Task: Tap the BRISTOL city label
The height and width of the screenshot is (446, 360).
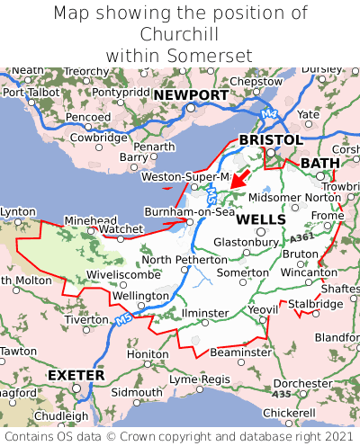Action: [270, 140]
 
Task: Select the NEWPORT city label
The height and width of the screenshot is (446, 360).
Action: [191, 95]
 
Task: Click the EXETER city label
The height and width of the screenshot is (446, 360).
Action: [76, 374]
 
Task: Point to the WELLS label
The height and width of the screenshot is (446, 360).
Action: [261, 219]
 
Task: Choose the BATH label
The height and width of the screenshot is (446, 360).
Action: [320, 163]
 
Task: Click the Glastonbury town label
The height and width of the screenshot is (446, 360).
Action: [246, 242]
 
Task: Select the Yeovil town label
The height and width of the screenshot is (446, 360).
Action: [263, 309]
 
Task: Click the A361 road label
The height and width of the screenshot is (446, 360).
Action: [303, 236]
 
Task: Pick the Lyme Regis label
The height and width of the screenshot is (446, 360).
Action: [200, 379]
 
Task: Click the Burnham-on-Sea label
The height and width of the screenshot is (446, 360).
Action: [190, 212]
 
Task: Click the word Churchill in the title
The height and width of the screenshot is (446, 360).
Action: [180, 35]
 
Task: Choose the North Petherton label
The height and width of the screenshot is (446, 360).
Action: [182, 260]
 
